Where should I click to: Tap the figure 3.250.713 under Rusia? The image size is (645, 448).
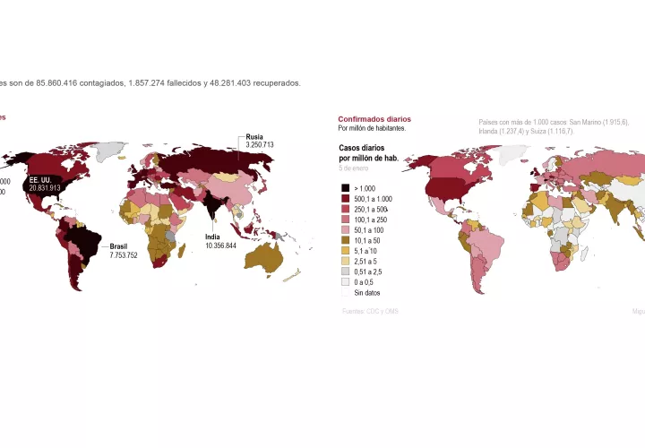coord(260,144)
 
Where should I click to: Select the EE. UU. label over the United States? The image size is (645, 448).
coord(40,180)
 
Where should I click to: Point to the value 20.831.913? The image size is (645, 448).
coord(45,188)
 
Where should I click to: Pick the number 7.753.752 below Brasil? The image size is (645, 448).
coord(124,255)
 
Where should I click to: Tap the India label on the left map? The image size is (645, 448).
coord(212,237)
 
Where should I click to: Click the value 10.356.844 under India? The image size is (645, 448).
coord(220,246)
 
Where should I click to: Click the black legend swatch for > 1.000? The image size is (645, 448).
coord(346,188)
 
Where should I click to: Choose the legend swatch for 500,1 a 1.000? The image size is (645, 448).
coord(346,199)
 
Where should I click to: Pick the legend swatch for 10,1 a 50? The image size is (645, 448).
coord(346,241)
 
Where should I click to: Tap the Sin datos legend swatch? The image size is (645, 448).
coord(346,292)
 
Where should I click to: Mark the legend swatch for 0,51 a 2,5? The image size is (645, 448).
coord(346,271)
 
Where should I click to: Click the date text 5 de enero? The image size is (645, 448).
coord(353,168)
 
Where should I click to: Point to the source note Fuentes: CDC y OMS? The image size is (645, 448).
coord(370,312)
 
